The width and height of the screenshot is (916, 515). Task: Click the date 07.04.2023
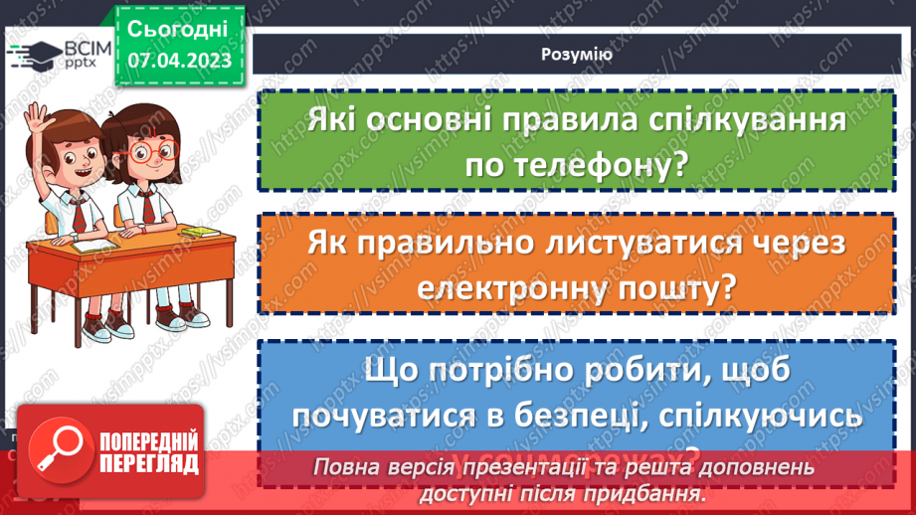(179, 62)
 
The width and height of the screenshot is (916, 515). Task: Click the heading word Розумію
(577, 55)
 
